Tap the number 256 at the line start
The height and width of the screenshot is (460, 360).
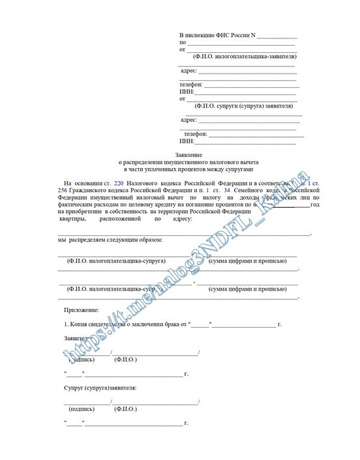coord(63,186)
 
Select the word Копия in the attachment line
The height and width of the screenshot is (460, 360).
coord(83,324)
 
